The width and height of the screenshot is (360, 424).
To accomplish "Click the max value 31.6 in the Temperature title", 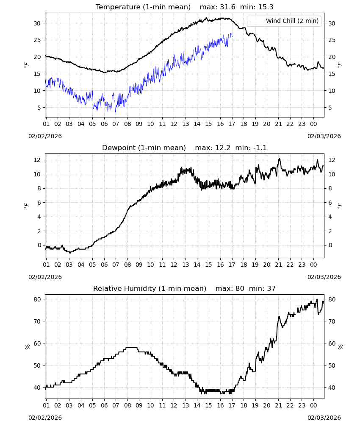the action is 227,7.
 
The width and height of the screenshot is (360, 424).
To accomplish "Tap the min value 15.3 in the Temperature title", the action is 266,7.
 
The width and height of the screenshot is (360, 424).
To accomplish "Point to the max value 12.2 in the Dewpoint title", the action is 223,148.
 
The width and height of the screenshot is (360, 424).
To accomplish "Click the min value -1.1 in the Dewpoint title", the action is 260,148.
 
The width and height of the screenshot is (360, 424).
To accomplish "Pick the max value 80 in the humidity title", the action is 240,288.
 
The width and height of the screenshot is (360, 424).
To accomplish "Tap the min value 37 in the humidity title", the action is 271,288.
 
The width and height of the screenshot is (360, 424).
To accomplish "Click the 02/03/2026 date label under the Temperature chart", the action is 324,136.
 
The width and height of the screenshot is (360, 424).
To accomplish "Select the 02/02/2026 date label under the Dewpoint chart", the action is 45,277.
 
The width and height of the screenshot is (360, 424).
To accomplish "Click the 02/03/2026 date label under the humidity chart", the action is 324,418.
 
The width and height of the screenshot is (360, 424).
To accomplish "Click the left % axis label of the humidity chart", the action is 27,347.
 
